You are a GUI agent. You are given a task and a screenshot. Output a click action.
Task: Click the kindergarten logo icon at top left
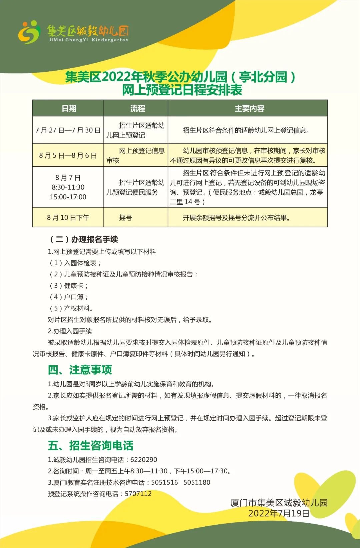(29, 32)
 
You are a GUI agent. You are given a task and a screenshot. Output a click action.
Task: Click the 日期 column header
(69, 108)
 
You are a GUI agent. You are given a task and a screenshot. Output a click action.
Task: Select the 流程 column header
(137, 108)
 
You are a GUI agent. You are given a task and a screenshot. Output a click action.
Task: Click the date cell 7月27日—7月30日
(68, 130)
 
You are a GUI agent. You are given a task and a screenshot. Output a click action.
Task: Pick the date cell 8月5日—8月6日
(68, 155)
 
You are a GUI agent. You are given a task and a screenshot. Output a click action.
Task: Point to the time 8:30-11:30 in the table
(68, 187)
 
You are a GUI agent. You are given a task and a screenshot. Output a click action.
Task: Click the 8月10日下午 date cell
(68, 218)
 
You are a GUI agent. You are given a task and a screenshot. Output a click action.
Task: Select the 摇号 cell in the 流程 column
(125, 218)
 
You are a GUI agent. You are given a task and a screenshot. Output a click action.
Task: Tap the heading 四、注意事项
(80, 370)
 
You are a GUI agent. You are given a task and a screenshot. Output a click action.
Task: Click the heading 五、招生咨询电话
(90, 445)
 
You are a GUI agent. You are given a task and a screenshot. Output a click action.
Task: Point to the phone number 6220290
(144, 460)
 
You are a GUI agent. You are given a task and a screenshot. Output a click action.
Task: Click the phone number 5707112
(138, 494)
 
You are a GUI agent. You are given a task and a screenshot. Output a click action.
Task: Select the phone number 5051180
(197, 482)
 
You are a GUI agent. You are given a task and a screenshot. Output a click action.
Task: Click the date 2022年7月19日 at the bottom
(279, 513)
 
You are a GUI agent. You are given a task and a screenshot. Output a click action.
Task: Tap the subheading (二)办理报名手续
(84, 239)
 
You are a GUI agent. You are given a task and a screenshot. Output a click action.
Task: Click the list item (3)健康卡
(69, 286)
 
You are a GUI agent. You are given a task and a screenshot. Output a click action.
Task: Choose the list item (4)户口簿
(69, 297)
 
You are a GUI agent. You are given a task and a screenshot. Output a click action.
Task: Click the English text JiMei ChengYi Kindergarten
(88, 40)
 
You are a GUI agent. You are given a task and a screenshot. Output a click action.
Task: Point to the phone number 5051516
(165, 482)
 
